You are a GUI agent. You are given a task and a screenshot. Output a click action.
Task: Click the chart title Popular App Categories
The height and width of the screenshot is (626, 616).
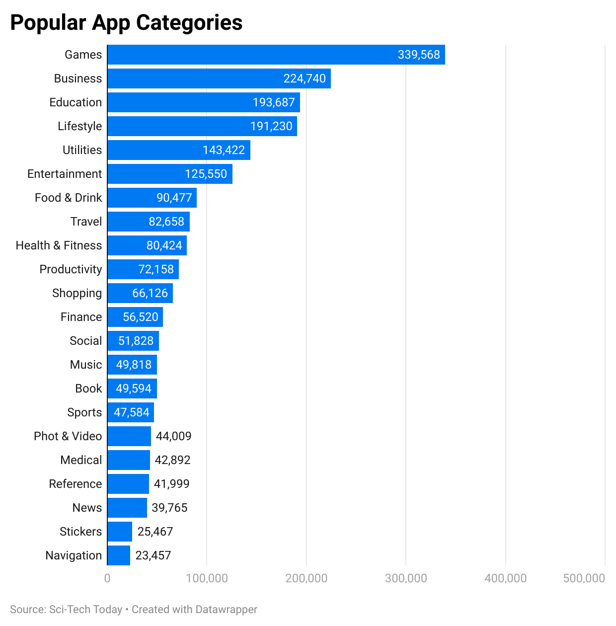click(126, 23)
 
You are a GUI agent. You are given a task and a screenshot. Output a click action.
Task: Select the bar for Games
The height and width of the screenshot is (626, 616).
click(276, 55)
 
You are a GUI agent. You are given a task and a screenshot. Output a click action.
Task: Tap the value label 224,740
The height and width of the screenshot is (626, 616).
click(305, 78)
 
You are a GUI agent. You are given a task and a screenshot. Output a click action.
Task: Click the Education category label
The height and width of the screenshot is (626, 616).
click(76, 102)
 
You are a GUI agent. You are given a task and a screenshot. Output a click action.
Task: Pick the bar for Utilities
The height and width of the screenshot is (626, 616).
click(179, 150)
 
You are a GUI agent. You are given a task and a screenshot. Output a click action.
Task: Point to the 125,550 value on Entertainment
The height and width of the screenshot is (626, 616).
click(206, 174)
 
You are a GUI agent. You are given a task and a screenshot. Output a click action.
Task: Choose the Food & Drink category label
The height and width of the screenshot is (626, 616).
click(68, 198)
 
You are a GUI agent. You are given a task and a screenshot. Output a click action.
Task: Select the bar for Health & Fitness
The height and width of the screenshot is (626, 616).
click(147, 245)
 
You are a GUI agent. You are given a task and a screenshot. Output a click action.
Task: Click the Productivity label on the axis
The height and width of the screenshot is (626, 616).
click(71, 269)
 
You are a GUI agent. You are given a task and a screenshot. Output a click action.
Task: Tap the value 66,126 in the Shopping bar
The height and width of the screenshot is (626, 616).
click(150, 293)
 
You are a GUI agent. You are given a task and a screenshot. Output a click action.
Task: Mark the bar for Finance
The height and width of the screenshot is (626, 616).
click(135, 317)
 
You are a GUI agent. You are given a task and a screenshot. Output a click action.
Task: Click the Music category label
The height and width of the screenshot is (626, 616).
click(86, 365)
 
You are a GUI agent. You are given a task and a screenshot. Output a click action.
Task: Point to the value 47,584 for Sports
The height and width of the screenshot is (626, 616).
click(132, 412)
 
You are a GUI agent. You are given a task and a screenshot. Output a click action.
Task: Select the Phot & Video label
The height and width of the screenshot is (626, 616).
click(68, 436)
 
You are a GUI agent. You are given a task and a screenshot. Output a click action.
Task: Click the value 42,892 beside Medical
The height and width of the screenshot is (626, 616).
click(172, 460)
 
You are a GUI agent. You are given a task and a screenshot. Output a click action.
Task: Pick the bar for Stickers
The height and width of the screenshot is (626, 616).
click(120, 532)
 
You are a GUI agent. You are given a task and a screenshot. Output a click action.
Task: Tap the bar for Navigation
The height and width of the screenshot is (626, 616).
click(119, 555)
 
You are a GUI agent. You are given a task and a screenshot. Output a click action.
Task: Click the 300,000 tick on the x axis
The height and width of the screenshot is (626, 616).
click(406, 578)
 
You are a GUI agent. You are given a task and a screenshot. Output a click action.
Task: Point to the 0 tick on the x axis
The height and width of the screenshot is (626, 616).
click(107, 578)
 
